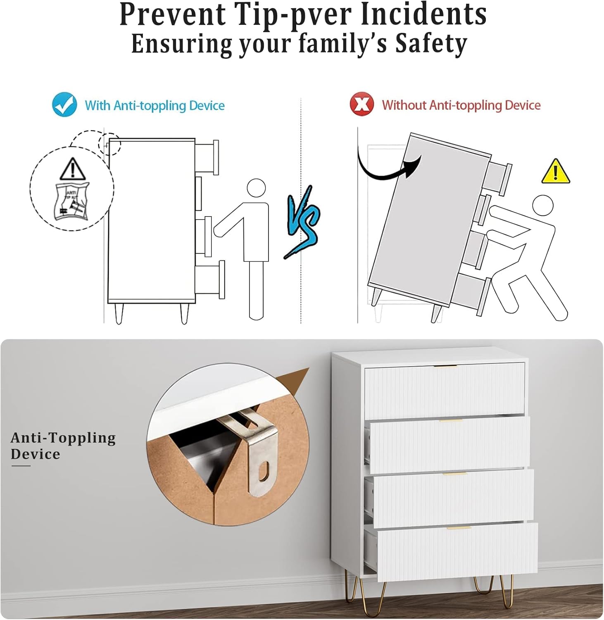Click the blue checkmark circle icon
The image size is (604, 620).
pyautogui.click(x=64, y=105)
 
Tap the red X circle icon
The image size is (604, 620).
pyautogui.click(x=361, y=104)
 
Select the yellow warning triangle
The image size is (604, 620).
pyautogui.click(x=556, y=172)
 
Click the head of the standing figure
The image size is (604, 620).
pyautogui.click(x=256, y=188)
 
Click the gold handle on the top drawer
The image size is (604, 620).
pyautogui.click(x=445, y=366)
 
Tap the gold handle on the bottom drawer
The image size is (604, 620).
pyautogui.click(x=459, y=528)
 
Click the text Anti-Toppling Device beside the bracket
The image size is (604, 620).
pyautogui.click(x=63, y=446)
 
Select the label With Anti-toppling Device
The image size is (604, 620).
pyautogui.click(x=155, y=105)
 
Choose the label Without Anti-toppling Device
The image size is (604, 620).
pyautogui.click(x=461, y=105)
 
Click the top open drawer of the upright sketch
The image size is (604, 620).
pyautogui.click(x=207, y=157)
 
